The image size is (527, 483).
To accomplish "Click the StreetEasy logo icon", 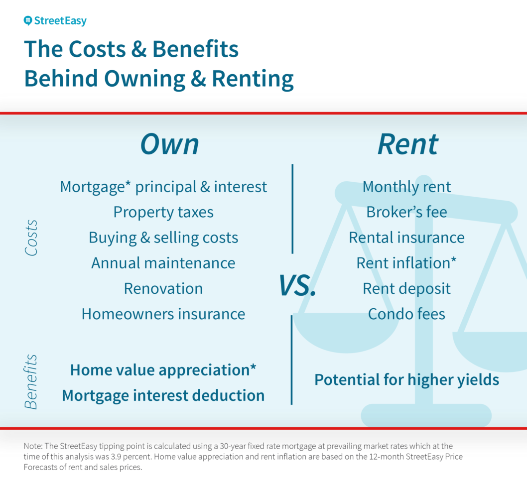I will pyautogui.click(x=28, y=21).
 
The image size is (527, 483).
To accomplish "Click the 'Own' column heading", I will pyautogui.click(x=169, y=144).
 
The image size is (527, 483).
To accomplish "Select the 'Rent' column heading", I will pyautogui.click(x=407, y=144).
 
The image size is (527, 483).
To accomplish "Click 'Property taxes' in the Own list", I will pyautogui.click(x=163, y=212).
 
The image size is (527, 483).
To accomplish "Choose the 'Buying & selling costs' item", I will pyautogui.click(x=163, y=238).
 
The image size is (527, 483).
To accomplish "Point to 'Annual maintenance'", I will pyautogui.click(x=163, y=263).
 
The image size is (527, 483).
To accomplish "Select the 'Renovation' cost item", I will pyautogui.click(x=163, y=288).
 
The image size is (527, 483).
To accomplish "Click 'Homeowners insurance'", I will pyautogui.click(x=163, y=314).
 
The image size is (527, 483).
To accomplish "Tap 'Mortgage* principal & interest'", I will pyautogui.click(x=163, y=187).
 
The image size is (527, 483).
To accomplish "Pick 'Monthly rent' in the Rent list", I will pyautogui.click(x=406, y=187).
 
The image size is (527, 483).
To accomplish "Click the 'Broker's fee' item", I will pyautogui.click(x=406, y=212).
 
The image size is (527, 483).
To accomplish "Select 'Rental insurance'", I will pyautogui.click(x=406, y=238).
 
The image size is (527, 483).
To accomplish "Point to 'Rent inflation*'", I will pyautogui.click(x=406, y=263).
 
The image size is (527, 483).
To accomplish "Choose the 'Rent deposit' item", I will pyautogui.click(x=406, y=288).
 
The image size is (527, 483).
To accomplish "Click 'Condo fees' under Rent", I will pyautogui.click(x=406, y=314).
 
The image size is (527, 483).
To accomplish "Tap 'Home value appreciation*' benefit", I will pyautogui.click(x=163, y=370).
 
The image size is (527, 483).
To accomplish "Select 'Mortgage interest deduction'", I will pyautogui.click(x=163, y=395).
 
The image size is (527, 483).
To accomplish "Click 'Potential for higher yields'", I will pyautogui.click(x=406, y=380).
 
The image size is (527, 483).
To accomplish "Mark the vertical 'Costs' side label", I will pyautogui.click(x=31, y=238).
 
